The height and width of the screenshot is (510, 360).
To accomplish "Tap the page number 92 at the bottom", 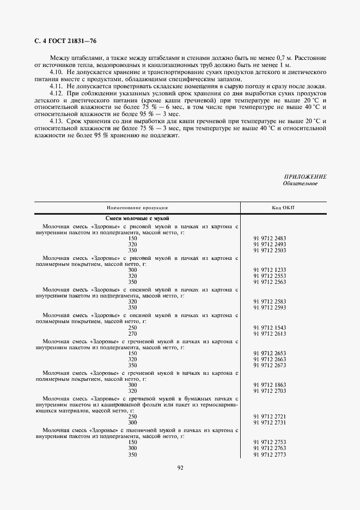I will (x=180, y=467).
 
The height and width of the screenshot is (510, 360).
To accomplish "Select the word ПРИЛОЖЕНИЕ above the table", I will (x=305, y=177).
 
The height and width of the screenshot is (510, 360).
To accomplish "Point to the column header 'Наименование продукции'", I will (x=137, y=208).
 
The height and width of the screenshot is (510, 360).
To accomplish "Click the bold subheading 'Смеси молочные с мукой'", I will (x=137, y=218).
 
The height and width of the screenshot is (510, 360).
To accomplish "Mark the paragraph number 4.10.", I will (x=56, y=72).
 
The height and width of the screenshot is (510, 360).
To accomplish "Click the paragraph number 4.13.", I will (x=56, y=120).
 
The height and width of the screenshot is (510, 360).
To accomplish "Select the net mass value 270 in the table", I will (x=132, y=333).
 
